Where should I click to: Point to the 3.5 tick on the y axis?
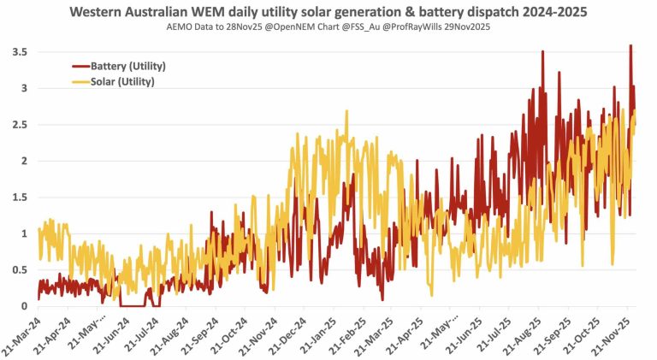point(17,52)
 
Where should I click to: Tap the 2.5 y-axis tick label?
point(17,125)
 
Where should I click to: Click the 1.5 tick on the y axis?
point(17,197)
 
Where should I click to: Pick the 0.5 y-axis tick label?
point(17,269)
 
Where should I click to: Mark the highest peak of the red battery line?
point(630,45)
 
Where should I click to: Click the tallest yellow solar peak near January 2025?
point(346,110)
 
